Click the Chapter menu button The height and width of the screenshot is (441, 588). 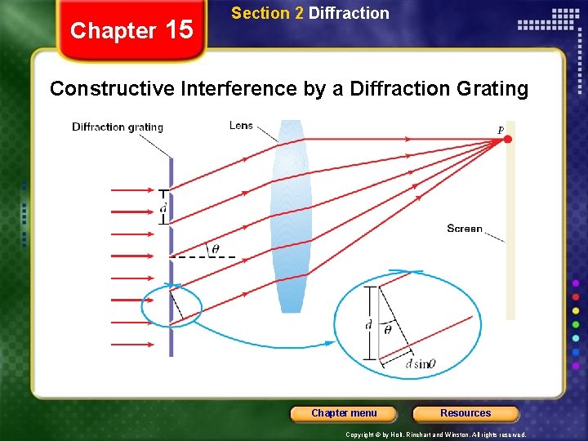tap(344, 413)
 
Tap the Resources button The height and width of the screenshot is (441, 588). tap(465, 413)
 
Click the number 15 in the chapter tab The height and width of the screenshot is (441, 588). tap(179, 30)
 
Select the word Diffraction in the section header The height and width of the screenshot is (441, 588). tap(349, 13)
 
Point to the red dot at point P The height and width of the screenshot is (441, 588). tap(507, 140)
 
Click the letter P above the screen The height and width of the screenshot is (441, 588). tap(501, 130)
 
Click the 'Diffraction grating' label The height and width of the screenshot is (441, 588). tap(118, 127)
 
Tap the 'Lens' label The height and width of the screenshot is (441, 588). tap(241, 125)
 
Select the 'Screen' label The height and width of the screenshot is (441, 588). tap(465, 229)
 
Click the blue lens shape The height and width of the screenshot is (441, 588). tap(291, 216)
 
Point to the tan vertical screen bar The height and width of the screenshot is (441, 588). tap(511, 245)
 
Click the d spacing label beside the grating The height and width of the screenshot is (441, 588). tap(163, 209)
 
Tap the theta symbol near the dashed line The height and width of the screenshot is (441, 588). tap(215, 249)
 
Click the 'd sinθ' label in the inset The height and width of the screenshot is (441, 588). tap(421, 363)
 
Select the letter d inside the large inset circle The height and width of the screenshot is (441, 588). tap(369, 325)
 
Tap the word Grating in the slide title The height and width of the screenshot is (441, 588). tap(494, 88)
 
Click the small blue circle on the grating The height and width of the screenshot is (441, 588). tap(171, 307)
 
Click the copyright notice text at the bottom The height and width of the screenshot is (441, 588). tap(436, 435)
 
